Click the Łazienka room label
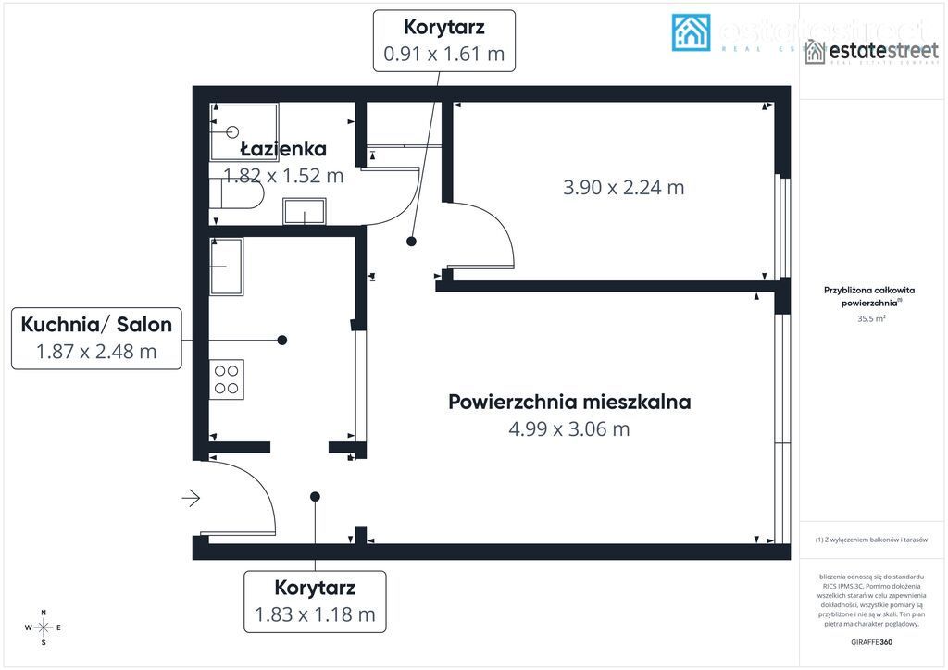pyautogui.click(x=283, y=149)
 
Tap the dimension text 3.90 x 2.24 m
pyautogui.click(x=623, y=187)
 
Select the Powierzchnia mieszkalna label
pyautogui.click(x=569, y=402)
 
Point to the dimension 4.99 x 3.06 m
pyautogui.click(x=569, y=428)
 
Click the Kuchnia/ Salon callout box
pyautogui.click(x=96, y=337)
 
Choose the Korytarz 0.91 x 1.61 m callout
pyautogui.click(x=443, y=41)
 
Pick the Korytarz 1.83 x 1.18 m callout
pyautogui.click(x=315, y=601)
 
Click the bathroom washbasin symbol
pyautogui.click(x=304, y=212)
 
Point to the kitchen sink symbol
pyautogui.click(x=226, y=267)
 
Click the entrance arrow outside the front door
pyautogui.click(x=191, y=499)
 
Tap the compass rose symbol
pyautogui.click(x=43, y=627)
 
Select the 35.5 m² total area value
pyautogui.click(x=871, y=318)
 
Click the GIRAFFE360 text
pyautogui.click(x=871, y=641)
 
